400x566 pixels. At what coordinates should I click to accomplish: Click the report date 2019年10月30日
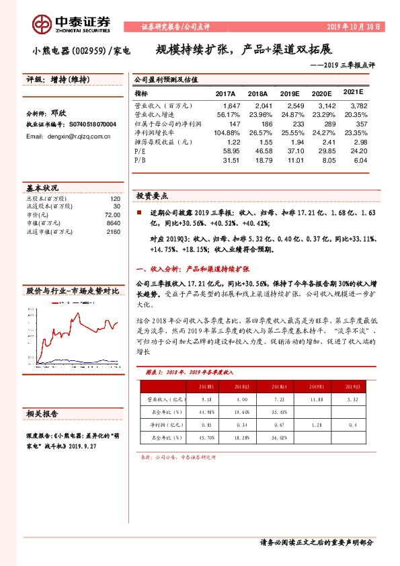[354, 26]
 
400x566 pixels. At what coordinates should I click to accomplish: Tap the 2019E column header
[290, 93]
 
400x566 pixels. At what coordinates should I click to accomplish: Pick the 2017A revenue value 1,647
[231, 106]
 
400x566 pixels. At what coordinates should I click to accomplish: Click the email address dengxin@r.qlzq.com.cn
[68, 136]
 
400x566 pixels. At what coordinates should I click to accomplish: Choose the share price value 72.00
[112, 216]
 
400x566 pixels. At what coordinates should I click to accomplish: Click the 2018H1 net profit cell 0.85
[206, 424]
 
